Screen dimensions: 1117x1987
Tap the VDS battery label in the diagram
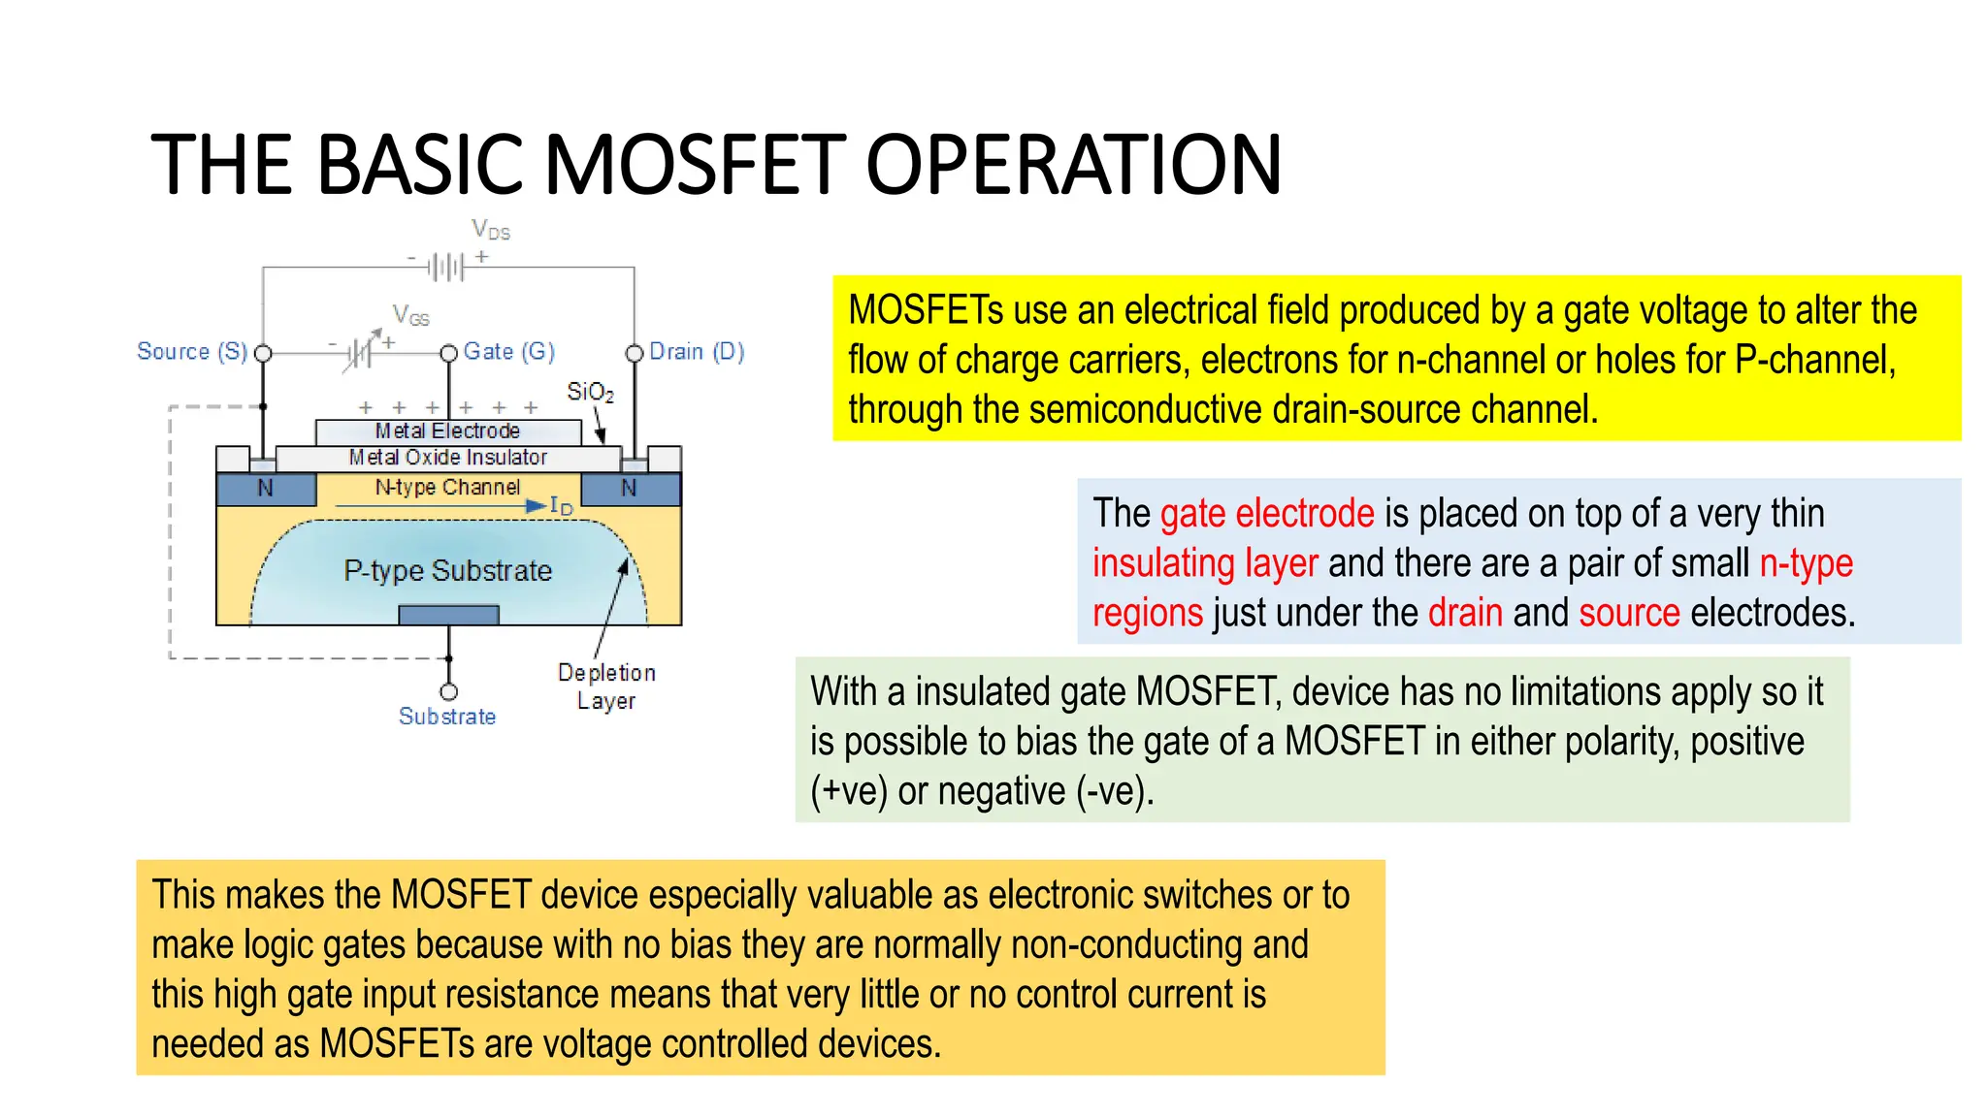point(491,230)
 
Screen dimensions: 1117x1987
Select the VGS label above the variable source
point(410,315)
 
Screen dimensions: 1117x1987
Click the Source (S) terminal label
point(192,351)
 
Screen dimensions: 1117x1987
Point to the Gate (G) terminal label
point(508,351)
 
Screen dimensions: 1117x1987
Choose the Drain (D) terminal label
point(697,351)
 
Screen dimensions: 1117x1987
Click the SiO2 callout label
point(590,392)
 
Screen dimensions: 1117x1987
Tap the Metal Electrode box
point(447,431)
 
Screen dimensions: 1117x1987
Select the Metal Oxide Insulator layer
point(447,457)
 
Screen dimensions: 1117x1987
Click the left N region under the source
point(265,489)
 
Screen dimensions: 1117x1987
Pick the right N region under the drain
point(629,489)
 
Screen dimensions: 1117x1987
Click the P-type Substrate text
point(447,570)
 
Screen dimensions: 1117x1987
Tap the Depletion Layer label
point(606,686)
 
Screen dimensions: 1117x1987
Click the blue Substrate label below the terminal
point(447,717)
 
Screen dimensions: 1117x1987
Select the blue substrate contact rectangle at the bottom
point(448,615)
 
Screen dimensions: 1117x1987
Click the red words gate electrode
point(1267,513)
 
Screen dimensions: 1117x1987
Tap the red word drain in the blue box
point(1465,613)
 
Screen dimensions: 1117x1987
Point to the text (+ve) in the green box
point(849,791)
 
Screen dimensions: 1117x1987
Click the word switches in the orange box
point(1208,895)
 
